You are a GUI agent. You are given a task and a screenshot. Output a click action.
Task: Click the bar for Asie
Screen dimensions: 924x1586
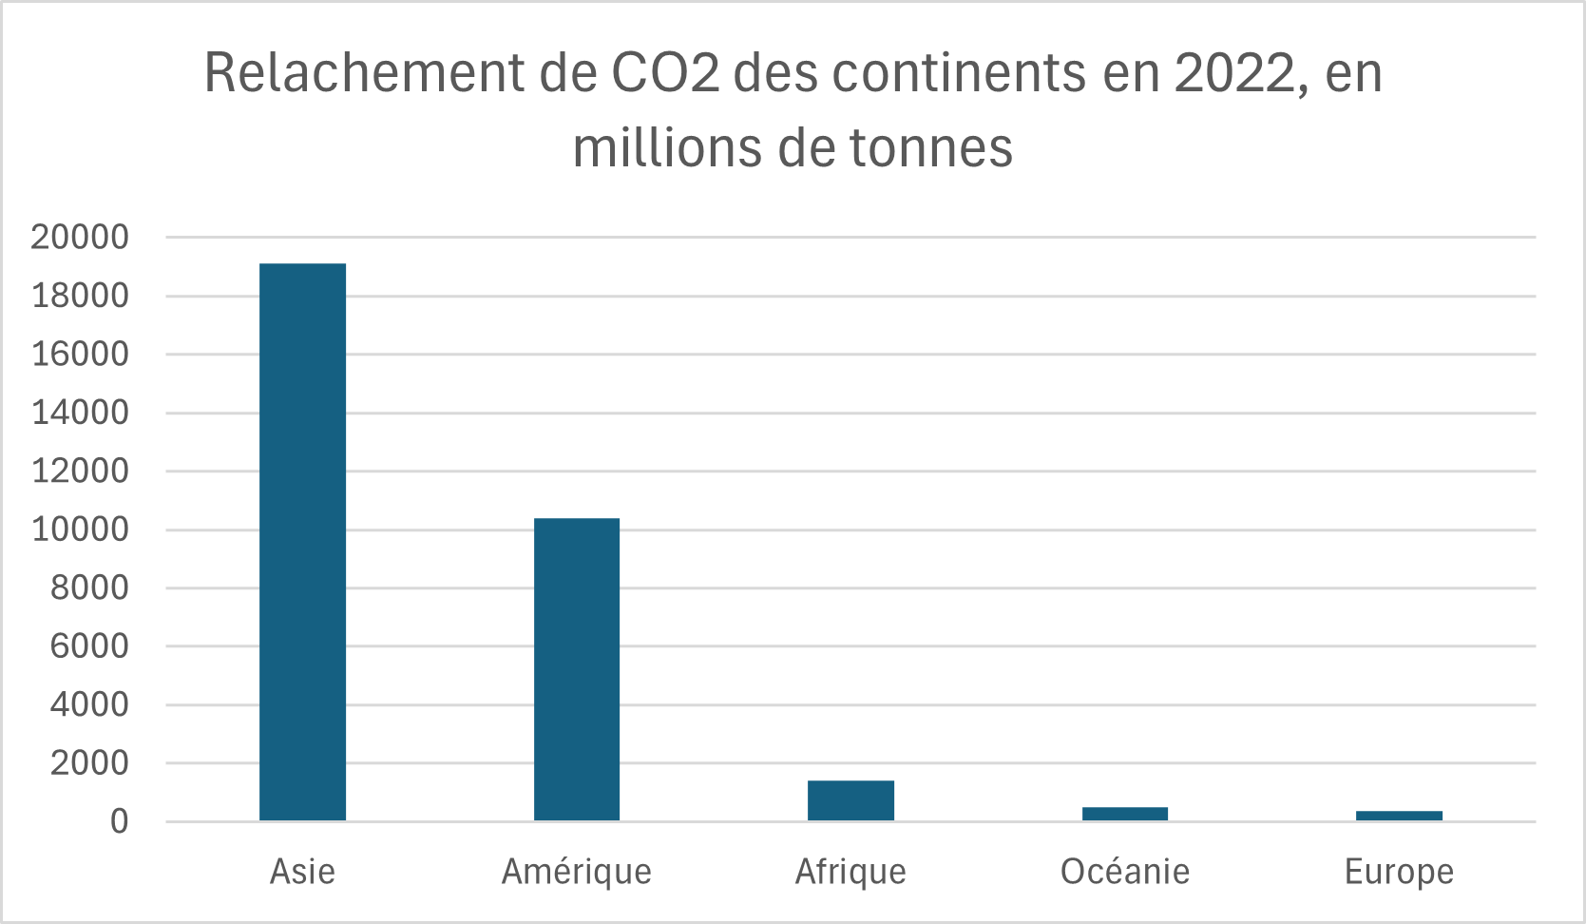tap(302, 542)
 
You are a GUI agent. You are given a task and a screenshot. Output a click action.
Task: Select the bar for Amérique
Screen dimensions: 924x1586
tap(577, 669)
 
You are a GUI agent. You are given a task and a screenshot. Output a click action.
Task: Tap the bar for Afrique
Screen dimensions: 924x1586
tap(850, 800)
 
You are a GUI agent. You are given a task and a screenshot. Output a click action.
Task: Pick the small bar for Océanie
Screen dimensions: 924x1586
tap(1125, 814)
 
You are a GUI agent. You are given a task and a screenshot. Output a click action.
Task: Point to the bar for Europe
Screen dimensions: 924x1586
tap(1399, 816)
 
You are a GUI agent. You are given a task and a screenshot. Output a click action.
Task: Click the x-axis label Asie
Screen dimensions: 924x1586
tap(302, 872)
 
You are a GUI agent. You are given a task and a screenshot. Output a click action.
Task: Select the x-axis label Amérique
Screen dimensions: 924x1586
tap(577, 872)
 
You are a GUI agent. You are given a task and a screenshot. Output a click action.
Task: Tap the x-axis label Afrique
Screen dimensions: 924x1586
tap(850, 872)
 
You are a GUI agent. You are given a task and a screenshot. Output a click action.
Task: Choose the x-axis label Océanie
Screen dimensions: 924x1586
tap(1125, 872)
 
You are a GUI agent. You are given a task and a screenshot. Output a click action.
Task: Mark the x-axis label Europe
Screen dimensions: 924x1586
tap(1399, 872)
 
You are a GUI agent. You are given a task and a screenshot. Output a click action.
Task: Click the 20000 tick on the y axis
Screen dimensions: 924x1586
tap(80, 238)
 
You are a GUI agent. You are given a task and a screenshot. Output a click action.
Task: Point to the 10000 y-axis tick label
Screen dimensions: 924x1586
tap(80, 529)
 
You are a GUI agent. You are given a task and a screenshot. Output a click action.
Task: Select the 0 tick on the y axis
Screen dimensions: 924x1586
tap(119, 821)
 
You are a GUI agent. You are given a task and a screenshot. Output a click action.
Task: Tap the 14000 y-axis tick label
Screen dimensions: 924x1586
tap(80, 413)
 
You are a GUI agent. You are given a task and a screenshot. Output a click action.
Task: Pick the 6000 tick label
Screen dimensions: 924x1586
tap(89, 646)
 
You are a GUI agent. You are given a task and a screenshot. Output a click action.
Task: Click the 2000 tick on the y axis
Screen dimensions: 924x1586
tap(89, 763)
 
